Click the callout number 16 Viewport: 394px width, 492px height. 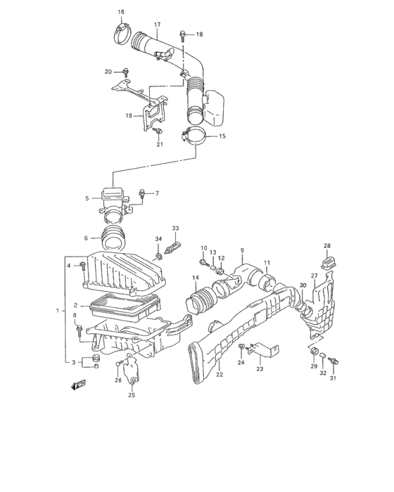(120, 12)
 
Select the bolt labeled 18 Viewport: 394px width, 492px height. (182, 34)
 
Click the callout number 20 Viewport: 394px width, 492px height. (108, 72)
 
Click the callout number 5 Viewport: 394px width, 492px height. (87, 199)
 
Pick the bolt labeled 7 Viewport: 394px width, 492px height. (143, 193)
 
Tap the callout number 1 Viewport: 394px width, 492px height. (58, 311)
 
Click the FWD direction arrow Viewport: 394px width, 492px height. (77, 384)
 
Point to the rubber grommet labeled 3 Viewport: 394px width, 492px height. (90, 362)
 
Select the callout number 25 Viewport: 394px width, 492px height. (131, 395)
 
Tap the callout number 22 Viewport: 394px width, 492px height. (219, 375)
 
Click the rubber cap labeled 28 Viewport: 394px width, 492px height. (327, 263)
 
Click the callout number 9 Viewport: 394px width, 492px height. (241, 250)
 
